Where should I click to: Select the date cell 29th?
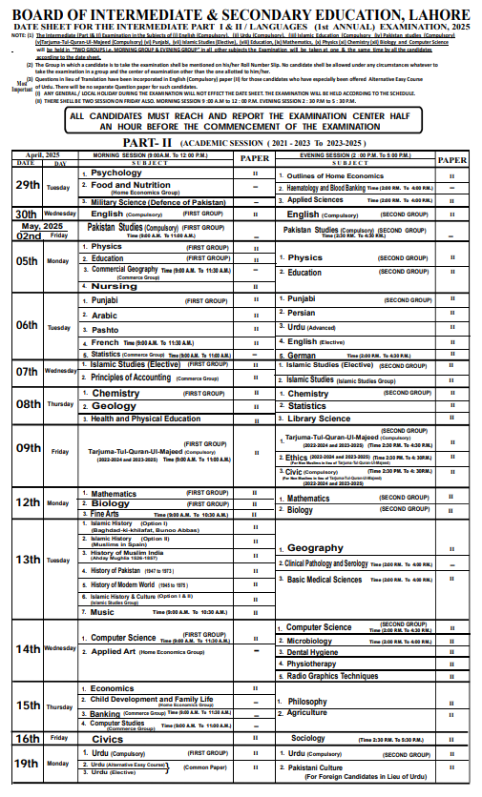tap(27, 187)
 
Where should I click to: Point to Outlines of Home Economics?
tap(335, 176)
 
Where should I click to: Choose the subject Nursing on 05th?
tap(115, 286)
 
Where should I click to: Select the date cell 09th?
tap(28, 447)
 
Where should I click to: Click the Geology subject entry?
tap(114, 406)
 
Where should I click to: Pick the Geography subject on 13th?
tap(315, 548)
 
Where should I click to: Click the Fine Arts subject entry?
tap(107, 515)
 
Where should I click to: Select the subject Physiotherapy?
tap(312, 664)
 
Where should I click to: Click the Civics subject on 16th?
tap(108, 738)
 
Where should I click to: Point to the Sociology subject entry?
tap(308, 738)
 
